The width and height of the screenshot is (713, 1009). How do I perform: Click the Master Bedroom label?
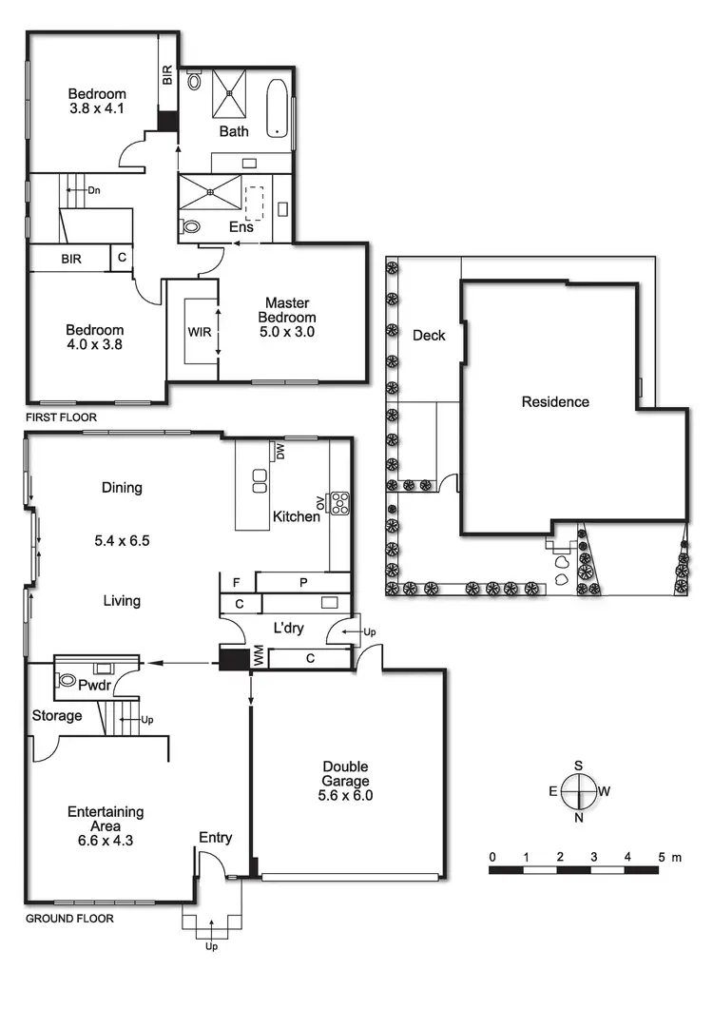point(290,317)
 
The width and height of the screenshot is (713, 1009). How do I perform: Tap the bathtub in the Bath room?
point(276,107)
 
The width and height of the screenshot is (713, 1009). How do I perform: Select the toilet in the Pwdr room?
point(67,680)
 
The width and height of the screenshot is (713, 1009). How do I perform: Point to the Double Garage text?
point(345,774)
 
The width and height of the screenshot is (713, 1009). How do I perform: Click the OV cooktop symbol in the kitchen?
point(337,502)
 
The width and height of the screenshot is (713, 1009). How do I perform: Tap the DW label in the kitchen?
point(279,451)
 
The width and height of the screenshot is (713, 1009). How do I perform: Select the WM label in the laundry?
point(257,657)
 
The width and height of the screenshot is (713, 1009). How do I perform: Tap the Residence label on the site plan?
point(555,401)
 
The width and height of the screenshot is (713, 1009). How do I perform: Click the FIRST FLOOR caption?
point(61,417)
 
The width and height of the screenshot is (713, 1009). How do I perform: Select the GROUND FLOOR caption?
point(68,919)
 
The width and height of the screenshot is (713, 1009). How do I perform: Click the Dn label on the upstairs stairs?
point(94,189)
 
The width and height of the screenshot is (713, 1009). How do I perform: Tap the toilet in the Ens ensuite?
point(190,227)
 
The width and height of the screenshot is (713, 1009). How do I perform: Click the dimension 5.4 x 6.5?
point(122,540)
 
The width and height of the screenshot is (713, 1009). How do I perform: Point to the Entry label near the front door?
point(216,837)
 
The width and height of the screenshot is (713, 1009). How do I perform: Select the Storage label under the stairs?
point(57,715)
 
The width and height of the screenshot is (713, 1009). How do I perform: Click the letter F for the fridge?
point(235,581)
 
